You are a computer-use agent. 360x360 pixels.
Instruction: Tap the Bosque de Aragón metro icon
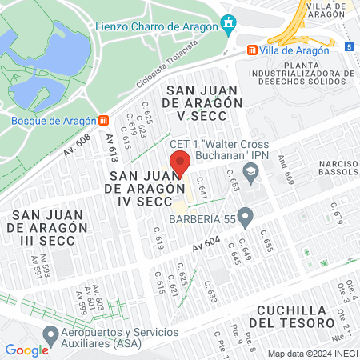[103, 121]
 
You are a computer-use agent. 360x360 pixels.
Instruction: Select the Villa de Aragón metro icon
[253, 50]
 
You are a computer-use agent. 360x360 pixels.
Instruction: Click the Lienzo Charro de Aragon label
[157, 27]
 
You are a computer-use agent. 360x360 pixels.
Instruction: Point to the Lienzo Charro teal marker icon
[230, 24]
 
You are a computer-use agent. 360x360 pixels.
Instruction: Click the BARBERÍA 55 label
[203, 216]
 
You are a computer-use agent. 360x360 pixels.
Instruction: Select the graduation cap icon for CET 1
[251, 171]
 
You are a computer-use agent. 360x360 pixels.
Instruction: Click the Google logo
[26, 350]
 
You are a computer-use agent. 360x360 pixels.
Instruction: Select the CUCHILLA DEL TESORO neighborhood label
[290, 316]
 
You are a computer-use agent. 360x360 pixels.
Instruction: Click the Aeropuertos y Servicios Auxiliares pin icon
[50, 334]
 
